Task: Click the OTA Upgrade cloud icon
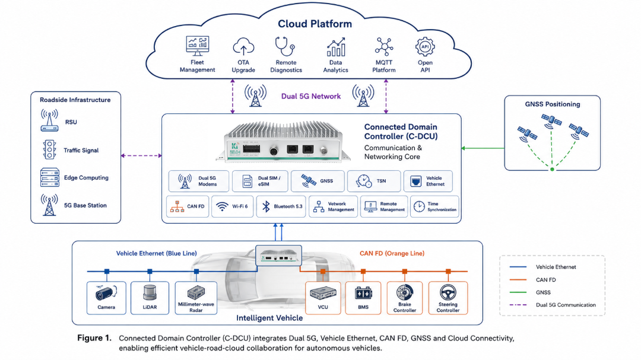(243, 47)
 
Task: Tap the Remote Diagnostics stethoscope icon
(285, 46)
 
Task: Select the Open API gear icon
(425, 47)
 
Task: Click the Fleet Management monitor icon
(198, 46)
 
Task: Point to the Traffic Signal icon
(49, 149)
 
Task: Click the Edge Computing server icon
(49, 177)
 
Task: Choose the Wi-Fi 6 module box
(232, 206)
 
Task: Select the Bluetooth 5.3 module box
(281, 206)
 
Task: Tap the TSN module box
(374, 181)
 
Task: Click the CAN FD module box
(188, 206)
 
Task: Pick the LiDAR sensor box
(150, 298)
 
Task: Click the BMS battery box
(363, 298)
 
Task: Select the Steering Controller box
(448, 298)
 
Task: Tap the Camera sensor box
(106, 298)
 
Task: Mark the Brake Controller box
(405, 298)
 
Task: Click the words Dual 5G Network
(310, 97)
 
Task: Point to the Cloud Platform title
(315, 24)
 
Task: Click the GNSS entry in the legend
(543, 292)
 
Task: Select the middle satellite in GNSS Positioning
(551, 121)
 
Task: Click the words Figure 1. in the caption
(94, 338)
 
